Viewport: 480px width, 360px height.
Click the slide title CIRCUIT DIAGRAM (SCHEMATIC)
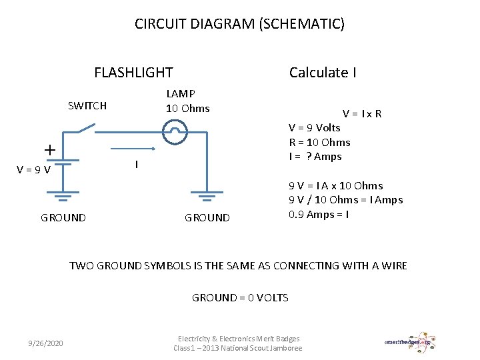click(x=239, y=25)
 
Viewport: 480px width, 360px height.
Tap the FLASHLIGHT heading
click(x=133, y=73)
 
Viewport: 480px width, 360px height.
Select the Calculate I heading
click(x=323, y=73)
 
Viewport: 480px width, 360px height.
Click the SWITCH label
click(x=87, y=105)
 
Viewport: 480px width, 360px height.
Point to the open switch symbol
click(x=87, y=128)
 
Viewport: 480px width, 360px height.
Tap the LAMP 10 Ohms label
click(x=187, y=101)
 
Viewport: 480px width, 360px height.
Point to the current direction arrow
click(x=133, y=149)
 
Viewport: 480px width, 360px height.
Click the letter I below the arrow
click(x=136, y=164)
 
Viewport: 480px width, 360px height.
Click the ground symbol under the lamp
click(x=207, y=196)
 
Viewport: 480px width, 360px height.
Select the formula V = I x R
click(x=362, y=113)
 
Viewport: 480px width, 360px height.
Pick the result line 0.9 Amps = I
click(x=319, y=214)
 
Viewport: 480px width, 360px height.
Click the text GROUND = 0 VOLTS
click(x=240, y=297)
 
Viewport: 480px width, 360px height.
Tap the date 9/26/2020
click(x=46, y=343)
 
